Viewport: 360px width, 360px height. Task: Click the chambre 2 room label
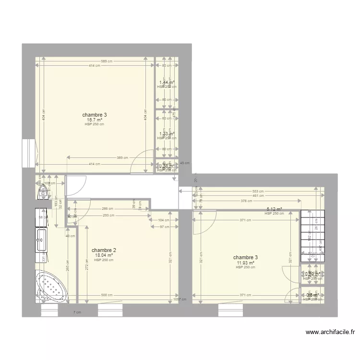104,250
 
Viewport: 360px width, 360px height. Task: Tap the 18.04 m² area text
104,255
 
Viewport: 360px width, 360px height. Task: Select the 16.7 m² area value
94,120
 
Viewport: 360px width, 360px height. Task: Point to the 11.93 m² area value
245,263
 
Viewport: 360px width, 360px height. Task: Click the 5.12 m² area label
274,209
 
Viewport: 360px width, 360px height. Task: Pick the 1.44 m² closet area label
167,83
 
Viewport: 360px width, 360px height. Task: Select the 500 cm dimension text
107,295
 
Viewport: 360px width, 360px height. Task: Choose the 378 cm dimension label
246,201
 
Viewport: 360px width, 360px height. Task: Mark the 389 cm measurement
122,157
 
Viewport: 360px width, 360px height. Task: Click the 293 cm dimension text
109,215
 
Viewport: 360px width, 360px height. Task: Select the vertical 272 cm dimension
86,264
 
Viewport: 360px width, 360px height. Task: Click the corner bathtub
51,287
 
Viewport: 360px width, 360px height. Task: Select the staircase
312,235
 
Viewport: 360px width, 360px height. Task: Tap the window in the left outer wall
29,154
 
